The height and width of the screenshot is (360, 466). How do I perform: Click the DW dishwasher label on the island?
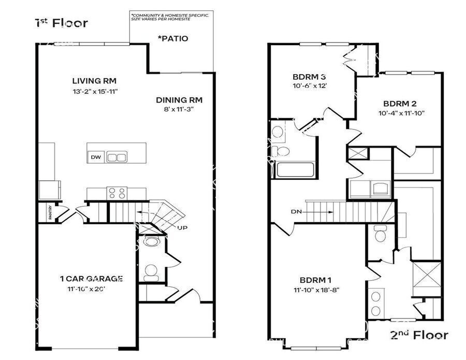pos(95,157)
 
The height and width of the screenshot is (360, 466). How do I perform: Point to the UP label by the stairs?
pos(182,227)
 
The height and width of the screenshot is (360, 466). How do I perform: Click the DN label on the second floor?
pos(296,211)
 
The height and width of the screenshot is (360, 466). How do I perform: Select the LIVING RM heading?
pos(94,81)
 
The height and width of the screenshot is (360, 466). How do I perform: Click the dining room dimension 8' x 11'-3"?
pos(178,109)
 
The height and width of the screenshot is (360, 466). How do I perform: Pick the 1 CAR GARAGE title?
pos(91,279)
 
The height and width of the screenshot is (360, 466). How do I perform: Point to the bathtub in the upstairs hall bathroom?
pos(295,170)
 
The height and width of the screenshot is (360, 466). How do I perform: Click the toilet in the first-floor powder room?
pos(151,271)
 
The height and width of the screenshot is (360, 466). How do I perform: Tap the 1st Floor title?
pos(61,23)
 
